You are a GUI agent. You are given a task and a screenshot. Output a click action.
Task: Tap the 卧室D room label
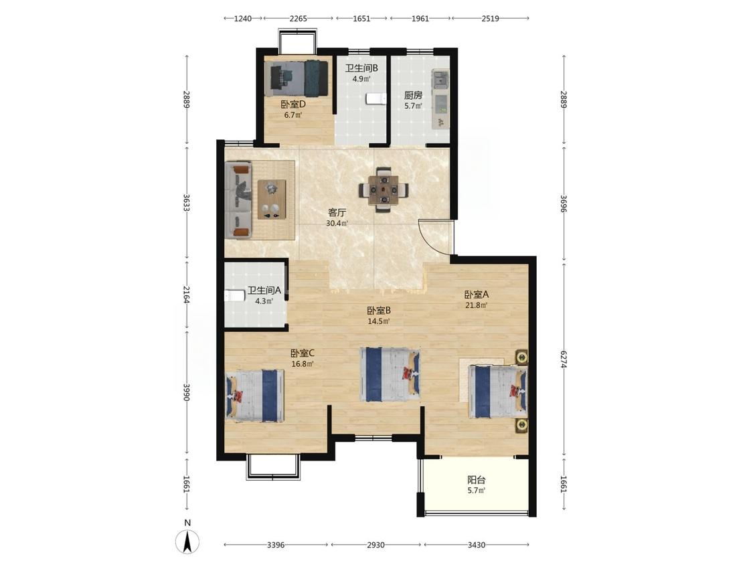click(x=293, y=104)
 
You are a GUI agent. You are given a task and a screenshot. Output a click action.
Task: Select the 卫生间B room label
click(x=361, y=68)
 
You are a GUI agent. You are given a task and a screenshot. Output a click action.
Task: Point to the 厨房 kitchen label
click(x=413, y=95)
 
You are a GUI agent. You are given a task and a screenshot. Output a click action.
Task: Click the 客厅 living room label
click(x=337, y=212)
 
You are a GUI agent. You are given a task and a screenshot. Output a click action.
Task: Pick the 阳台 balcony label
click(x=477, y=479)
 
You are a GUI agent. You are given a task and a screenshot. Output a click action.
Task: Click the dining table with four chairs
click(x=384, y=189)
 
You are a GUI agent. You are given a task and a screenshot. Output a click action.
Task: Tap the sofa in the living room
click(x=239, y=200)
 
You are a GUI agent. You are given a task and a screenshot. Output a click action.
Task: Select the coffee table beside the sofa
click(x=272, y=199)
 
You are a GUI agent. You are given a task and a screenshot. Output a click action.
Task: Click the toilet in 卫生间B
click(x=375, y=98)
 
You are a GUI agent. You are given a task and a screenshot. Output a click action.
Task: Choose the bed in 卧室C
click(x=254, y=396)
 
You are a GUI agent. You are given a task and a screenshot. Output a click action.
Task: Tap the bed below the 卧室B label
click(x=390, y=375)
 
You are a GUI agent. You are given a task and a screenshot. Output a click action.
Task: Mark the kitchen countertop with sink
click(x=440, y=99)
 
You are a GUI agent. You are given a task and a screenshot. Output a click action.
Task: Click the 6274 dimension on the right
click(x=564, y=358)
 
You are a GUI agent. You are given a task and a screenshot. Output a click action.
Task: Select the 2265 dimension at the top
click(x=298, y=19)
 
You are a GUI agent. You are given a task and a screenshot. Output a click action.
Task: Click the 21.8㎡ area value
click(x=476, y=305)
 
